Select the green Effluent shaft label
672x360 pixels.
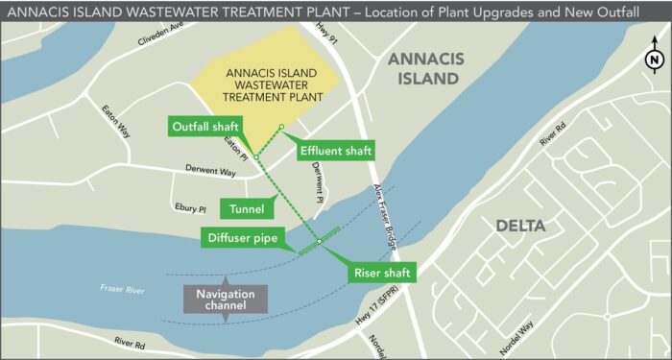(335, 151)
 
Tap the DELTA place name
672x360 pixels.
(520, 228)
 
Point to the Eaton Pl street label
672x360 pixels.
(236, 149)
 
